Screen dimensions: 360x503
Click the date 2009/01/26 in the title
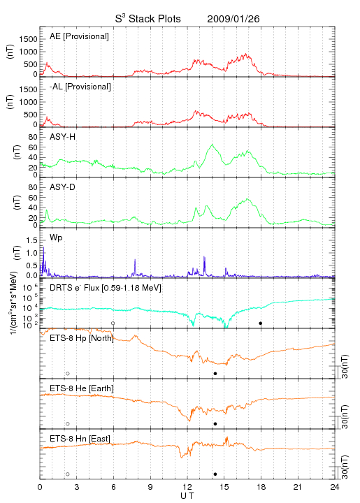point(233,19)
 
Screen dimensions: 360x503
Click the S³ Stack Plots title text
point(148,18)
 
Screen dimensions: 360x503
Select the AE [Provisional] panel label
point(79,36)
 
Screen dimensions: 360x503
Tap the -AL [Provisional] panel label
point(80,87)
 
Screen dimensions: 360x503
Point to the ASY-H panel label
point(63,137)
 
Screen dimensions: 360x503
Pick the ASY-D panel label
point(63,187)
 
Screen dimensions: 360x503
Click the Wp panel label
point(56,238)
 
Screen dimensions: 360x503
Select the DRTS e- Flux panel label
point(106,288)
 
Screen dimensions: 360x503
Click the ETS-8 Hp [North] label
point(82,338)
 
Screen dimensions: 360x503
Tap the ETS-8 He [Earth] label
point(82,388)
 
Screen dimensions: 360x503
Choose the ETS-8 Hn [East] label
point(80,439)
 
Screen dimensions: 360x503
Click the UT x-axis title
point(187,496)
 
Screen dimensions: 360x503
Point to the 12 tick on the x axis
point(187,487)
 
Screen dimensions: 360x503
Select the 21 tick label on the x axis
point(298,487)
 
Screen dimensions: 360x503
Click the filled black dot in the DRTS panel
point(261,323)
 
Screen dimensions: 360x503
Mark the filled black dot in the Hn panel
point(215,474)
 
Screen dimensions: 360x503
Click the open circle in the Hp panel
point(68,372)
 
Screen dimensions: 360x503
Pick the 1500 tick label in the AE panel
point(29,39)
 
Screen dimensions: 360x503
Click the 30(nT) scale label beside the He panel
point(345,416)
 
